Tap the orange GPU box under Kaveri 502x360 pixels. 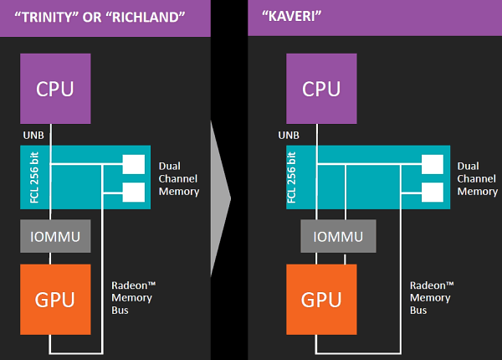coord(321,296)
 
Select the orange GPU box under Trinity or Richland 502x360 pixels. coord(55,296)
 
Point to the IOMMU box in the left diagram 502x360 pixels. coord(55,237)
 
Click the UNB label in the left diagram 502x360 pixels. coord(33,134)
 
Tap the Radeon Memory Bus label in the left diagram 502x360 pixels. coord(134,297)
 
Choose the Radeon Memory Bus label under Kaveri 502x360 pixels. coord(432,297)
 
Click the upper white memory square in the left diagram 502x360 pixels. coord(133,164)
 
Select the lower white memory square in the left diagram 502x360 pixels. coord(133,192)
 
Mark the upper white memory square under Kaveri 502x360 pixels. coord(432,164)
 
